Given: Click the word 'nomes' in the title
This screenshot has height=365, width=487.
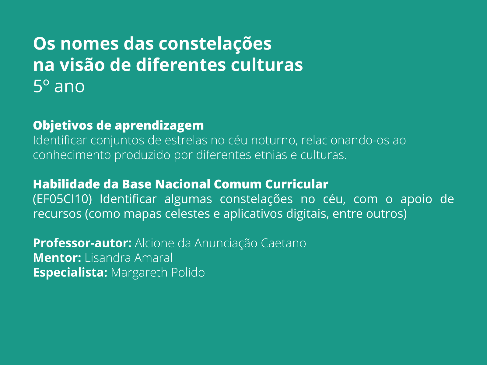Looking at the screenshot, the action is (x=89, y=44).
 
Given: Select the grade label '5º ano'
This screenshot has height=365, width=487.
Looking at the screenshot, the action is (x=59, y=86).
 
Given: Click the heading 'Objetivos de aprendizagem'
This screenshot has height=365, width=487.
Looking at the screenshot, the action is (x=118, y=126).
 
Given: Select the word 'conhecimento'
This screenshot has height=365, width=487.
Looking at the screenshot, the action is (x=72, y=155).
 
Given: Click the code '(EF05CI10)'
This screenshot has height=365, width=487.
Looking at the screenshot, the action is (x=62, y=199).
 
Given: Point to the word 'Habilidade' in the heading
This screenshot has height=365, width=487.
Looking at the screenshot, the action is (x=67, y=184).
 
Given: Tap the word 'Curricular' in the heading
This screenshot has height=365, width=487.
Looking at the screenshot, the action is (x=297, y=184).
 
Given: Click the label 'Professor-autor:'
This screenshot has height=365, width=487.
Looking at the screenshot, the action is (x=82, y=243).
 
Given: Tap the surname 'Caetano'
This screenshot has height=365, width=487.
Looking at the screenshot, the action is (x=283, y=243).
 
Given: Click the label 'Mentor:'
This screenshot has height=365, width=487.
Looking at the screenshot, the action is (x=57, y=258).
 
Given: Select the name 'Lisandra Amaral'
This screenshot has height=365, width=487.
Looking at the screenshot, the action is (x=128, y=258).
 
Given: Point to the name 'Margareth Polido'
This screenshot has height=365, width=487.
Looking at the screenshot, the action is (x=158, y=272).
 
